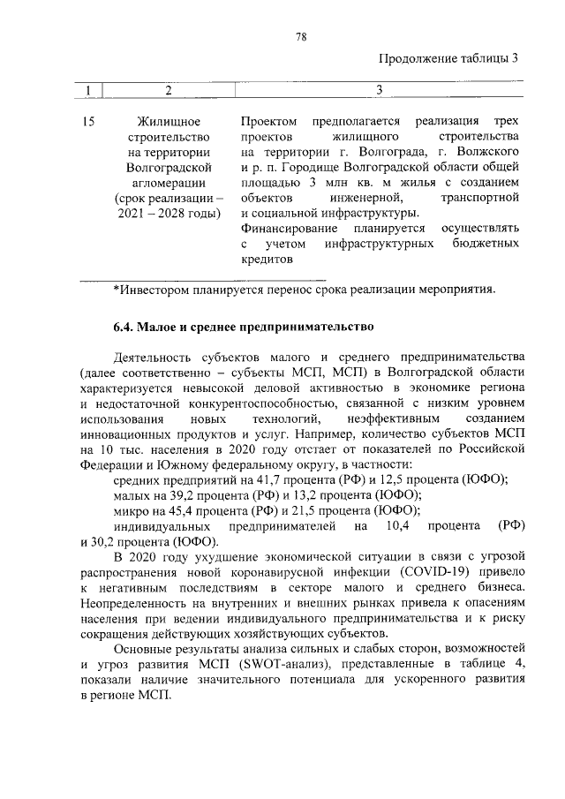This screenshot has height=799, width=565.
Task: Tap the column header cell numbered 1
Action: pos(88,90)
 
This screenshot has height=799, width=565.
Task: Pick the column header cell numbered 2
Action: pos(168,90)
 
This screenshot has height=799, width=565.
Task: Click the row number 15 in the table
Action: pos(88,120)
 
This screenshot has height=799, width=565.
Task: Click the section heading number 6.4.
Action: pos(124,328)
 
